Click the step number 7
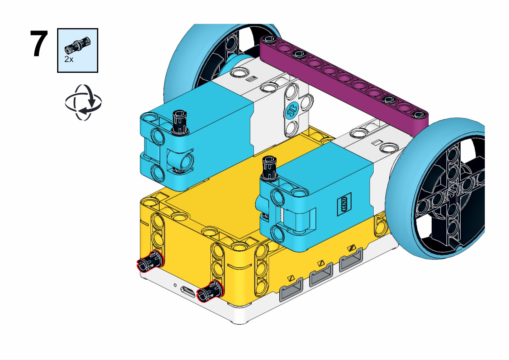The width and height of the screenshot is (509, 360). [x=39, y=44]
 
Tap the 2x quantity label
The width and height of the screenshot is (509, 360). [x=69, y=59]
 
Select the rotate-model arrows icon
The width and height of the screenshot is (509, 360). [x=83, y=102]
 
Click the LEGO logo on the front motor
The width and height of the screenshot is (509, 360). [x=344, y=204]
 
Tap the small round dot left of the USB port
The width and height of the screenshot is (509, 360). [x=175, y=285]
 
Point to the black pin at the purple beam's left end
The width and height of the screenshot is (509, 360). [x=268, y=39]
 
